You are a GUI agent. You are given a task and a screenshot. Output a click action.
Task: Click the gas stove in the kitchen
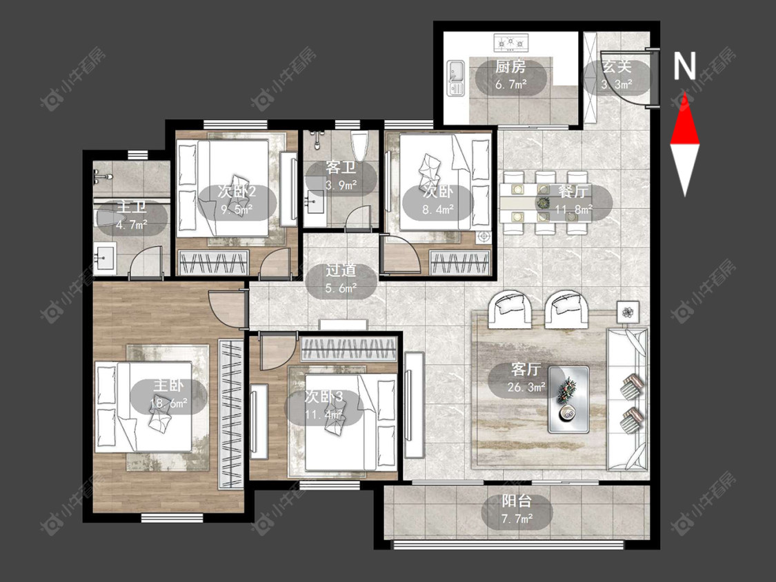tap(511, 43)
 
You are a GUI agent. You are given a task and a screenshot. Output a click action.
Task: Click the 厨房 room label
tap(510, 66)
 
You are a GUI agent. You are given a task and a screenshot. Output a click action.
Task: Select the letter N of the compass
tap(685, 66)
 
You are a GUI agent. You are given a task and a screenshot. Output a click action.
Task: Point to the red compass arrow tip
tap(685, 94)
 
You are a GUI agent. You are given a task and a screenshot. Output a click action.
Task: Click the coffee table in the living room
tap(568, 400)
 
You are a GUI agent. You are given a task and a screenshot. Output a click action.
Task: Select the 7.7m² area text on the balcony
tap(517, 519)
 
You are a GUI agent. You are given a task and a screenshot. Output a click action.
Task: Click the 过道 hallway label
tap(341, 270)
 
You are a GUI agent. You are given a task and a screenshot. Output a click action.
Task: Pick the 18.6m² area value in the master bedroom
tap(169, 404)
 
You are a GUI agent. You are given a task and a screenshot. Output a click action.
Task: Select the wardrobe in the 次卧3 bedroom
tap(350, 349)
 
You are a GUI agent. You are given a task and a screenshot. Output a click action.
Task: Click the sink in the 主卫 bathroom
tap(105, 259)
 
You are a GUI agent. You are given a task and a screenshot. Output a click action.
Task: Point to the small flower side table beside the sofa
tap(628, 312)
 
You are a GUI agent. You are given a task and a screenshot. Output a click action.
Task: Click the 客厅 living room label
tap(526, 369)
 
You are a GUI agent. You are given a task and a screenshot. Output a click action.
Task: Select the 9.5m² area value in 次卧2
tap(237, 210)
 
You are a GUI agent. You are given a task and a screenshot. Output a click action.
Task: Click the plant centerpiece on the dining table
tap(544, 203)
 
